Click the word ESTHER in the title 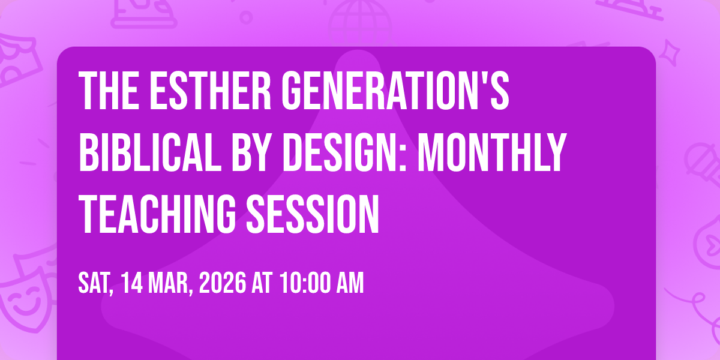(x=210, y=91)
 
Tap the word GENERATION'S (x=395, y=91)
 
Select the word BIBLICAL (x=150, y=152)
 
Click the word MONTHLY (x=492, y=152)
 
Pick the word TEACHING (x=157, y=214)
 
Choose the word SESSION (x=313, y=214)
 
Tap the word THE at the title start (x=109, y=91)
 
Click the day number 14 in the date (x=132, y=283)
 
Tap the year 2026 (x=223, y=283)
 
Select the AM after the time (x=350, y=283)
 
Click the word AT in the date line (x=262, y=283)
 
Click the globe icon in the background (x=360, y=23)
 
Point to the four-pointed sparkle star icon (x=670, y=53)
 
